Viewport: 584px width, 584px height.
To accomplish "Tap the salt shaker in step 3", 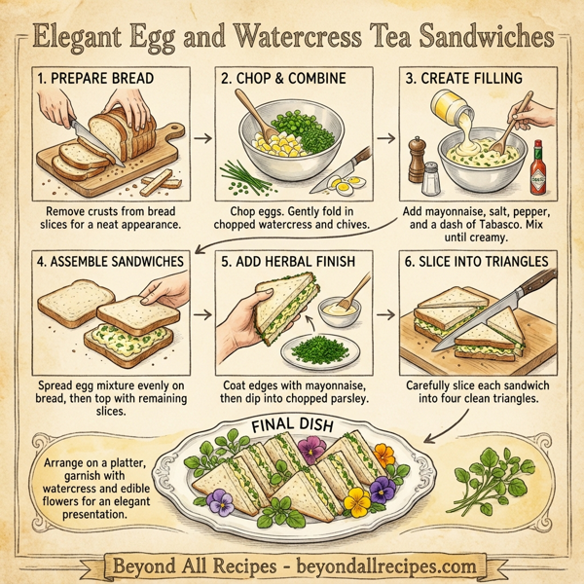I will point(429,177).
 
